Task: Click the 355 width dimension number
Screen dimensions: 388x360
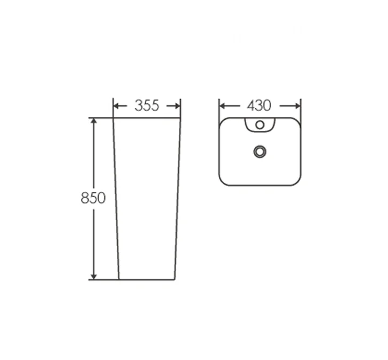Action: (x=147, y=106)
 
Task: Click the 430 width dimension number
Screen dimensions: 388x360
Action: (x=259, y=106)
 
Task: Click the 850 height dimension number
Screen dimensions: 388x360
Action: (x=93, y=198)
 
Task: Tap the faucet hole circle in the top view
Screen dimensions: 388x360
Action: (x=260, y=125)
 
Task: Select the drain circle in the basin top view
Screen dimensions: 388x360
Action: (x=260, y=151)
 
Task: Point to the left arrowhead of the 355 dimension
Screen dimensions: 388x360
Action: (x=116, y=106)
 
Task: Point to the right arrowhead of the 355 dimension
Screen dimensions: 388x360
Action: (x=177, y=106)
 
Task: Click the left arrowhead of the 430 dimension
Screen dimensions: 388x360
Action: (x=222, y=106)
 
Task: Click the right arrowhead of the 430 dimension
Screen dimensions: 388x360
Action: (x=297, y=106)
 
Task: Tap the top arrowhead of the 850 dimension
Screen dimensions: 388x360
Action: (x=94, y=121)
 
